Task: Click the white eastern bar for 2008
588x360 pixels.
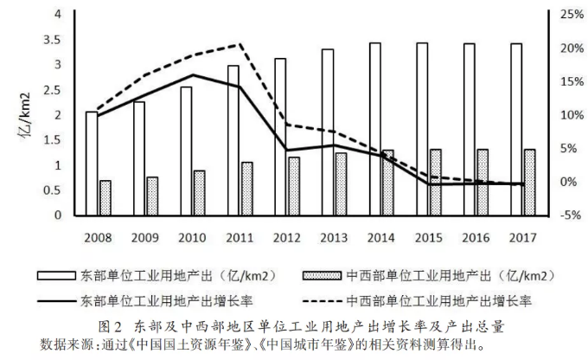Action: pos(92,164)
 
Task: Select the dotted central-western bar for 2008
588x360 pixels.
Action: pos(105,198)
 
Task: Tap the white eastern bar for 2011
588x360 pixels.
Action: pos(233,140)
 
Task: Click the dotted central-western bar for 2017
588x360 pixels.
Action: pos(529,183)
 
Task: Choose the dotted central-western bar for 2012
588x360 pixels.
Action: pos(294,186)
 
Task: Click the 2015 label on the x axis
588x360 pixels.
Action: pos(429,235)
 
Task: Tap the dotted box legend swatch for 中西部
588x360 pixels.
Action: pos(325,277)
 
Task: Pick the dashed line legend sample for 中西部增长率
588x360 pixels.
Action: pos(325,302)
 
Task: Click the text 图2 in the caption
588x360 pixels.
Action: pos(111,327)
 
